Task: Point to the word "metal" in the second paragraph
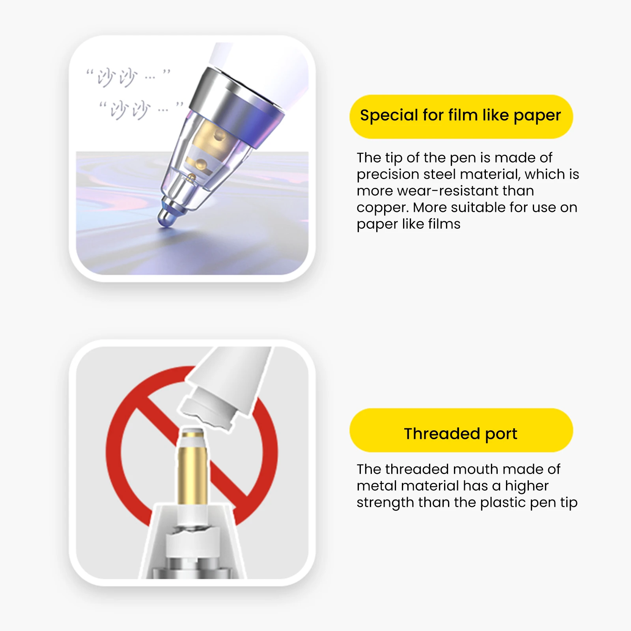377,486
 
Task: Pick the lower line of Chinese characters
141,110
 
